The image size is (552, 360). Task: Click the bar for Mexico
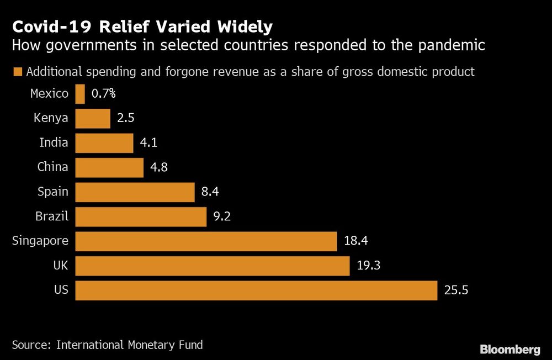pyautogui.click(x=80, y=94)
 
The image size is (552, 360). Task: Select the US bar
pyautogui.click(x=256, y=290)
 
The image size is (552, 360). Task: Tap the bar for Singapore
pyautogui.click(x=206, y=241)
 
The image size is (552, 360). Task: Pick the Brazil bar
pyautogui.click(x=141, y=216)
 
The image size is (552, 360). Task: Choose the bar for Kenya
pyautogui.click(x=93, y=118)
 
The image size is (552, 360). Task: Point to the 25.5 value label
pyautogui.click(x=456, y=290)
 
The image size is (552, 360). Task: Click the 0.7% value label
pyautogui.click(x=103, y=94)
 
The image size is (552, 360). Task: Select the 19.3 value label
pyautogui.click(x=368, y=266)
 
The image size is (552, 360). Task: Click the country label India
pyautogui.click(x=54, y=142)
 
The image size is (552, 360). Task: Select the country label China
pyautogui.click(x=52, y=167)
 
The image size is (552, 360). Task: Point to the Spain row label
pyautogui.click(x=53, y=192)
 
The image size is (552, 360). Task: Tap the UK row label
pyautogui.click(x=60, y=266)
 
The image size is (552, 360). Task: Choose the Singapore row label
pyautogui.click(x=40, y=241)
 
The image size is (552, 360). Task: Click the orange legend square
pyautogui.click(x=17, y=72)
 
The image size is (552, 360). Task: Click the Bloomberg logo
pyautogui.click(x=509, y=349)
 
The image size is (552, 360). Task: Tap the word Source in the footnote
pyautogui.click(x=30, y=345)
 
